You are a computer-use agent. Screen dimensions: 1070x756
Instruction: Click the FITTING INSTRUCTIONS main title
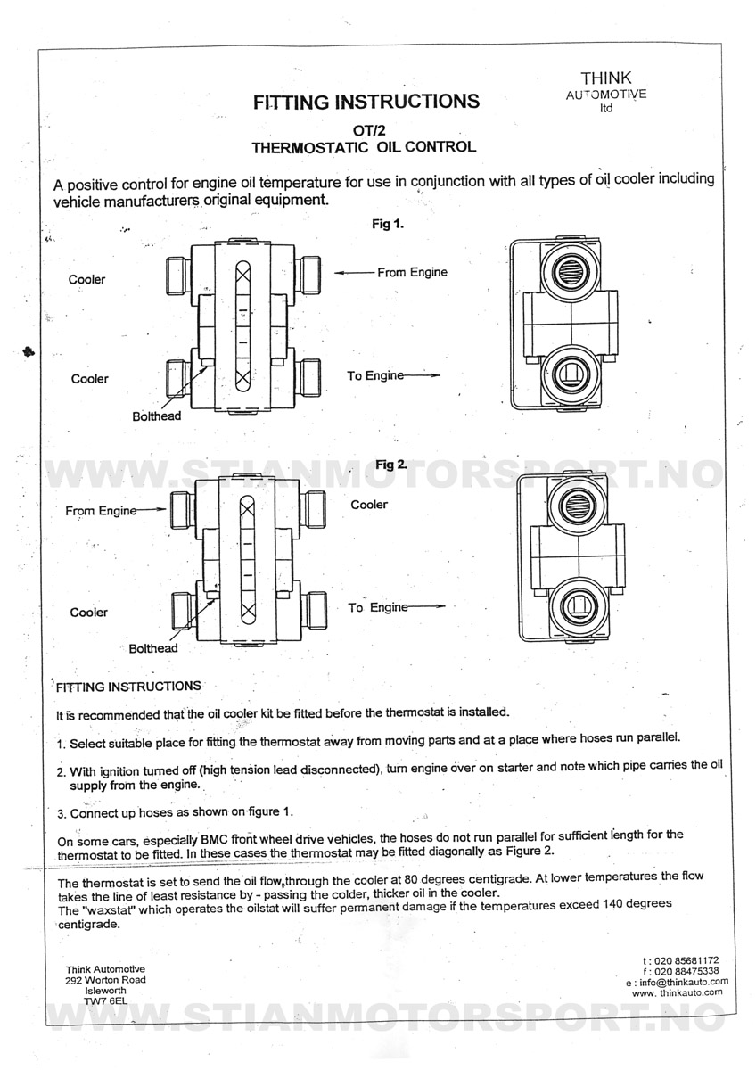tap(366, 102)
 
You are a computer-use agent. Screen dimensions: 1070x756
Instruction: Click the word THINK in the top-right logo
tap(606, 78)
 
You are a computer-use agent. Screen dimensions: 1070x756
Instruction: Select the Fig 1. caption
tap(388, 225)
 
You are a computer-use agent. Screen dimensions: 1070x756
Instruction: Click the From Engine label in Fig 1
tap(412, 272)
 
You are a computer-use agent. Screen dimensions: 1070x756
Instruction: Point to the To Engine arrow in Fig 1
tap(422, 375)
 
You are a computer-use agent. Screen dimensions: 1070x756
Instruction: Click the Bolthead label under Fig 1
tap(157, 416)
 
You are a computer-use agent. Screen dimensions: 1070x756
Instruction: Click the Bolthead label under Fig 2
tap(153, 648)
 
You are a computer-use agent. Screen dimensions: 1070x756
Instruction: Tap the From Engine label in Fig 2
tap(101, 511)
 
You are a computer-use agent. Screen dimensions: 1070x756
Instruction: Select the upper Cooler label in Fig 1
tap(86, 279)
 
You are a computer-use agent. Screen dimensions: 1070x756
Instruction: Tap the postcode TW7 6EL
tap(105, 1001)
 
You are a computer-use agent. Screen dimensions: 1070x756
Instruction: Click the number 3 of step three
tap(60, 813)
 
